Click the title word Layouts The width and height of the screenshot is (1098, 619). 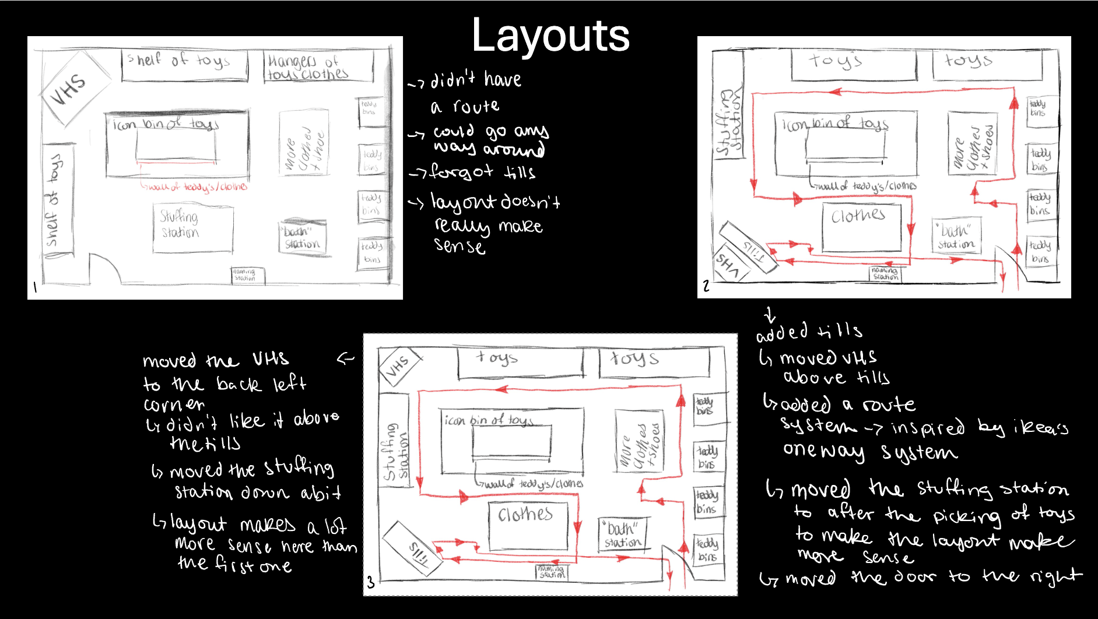pos(550,35)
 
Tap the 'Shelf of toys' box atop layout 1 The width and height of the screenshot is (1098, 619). pos(184,65)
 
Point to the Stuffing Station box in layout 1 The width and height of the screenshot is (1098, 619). pos(192,227)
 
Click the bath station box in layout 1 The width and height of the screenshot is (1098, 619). pos(302,237)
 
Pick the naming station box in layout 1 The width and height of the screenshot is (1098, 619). pos(247,275)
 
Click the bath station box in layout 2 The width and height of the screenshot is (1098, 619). pos(957,236)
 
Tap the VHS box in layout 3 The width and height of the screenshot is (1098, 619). pos(398,365)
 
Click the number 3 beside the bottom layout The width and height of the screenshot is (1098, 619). pos(370,582)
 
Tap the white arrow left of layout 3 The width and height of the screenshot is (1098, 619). pos(345,358)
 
